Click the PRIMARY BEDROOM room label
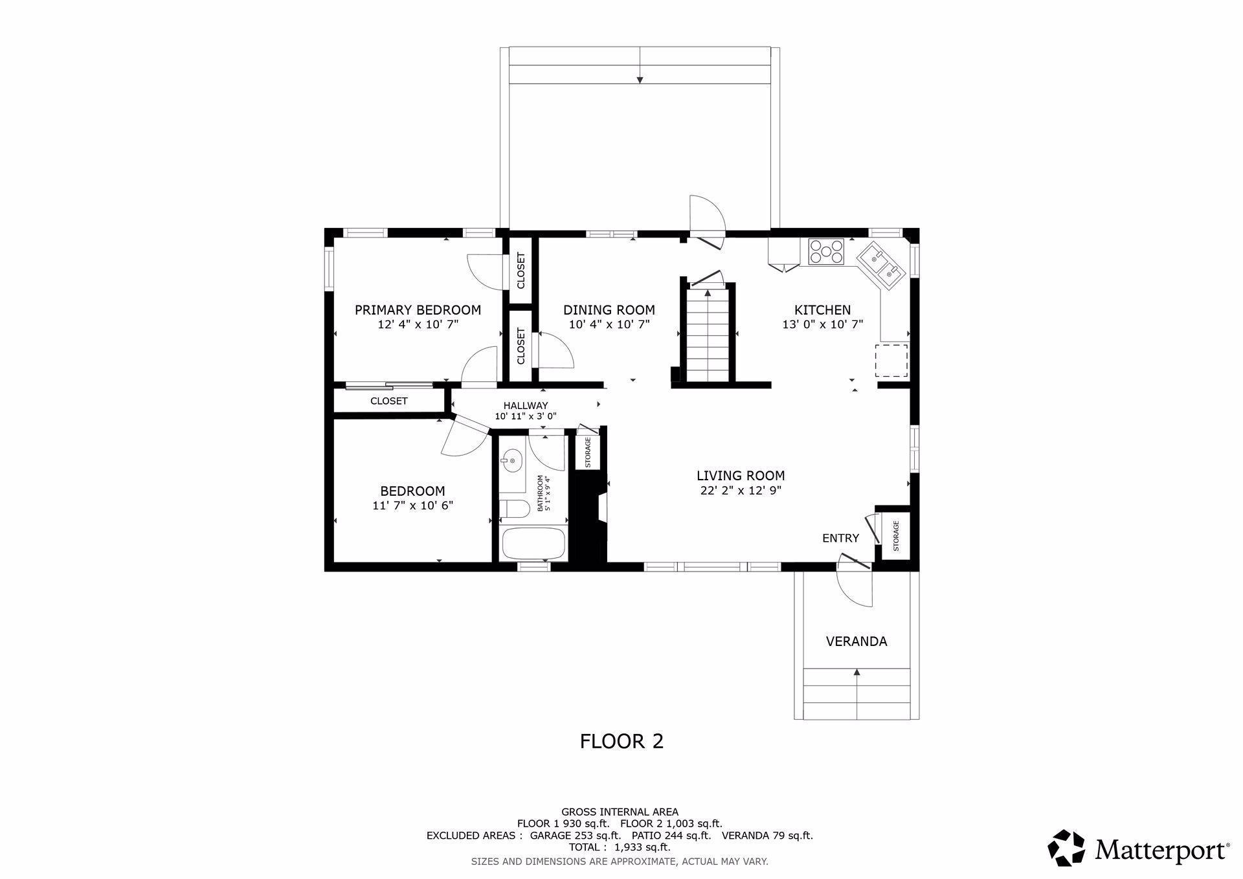point(418,310)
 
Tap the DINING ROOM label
point(609,310)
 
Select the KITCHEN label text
point(822,310)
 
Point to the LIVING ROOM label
point(741,476)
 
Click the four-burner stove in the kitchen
point(827,251)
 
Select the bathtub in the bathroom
point(534,544)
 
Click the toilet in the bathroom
point(514,508)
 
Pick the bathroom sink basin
point(511,462)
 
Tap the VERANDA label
point(857,641)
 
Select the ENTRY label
point(840,538)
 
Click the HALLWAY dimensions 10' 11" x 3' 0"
point(526,417)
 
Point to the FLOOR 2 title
point(621,741)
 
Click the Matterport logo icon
point(1066,847)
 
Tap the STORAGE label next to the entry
point(896,536)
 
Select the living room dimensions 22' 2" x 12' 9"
point(741,491)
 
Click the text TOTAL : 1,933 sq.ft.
point(620,847)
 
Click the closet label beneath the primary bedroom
point(388,401)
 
